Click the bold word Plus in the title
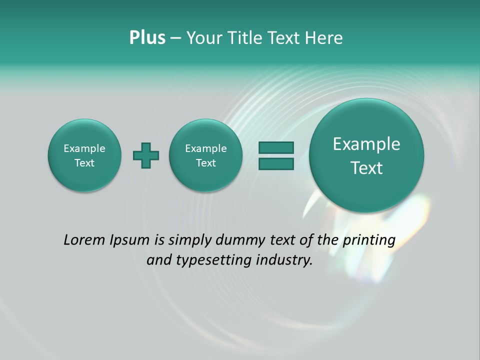(x=147, y=38)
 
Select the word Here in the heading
(x=323, y=38)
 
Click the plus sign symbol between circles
(x=146, y=155)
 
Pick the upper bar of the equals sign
(x=275, y=147)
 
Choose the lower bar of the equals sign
(x=275, y=163)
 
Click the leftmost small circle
(x=84, y=155)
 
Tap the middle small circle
(x=206, y=155)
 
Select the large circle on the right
(x=366, y=155)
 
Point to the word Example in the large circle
(x=366, y=144)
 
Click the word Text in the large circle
(x=366, y=168)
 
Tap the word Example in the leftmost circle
(x=84, y=148)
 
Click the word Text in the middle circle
(x=206, y=163)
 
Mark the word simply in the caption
(x=187, y=240)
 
